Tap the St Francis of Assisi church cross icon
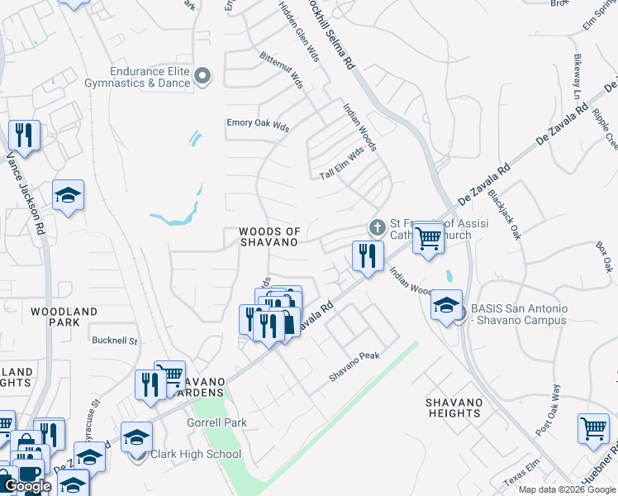[x=377, y=227]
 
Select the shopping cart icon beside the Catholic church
[x=427, y=239]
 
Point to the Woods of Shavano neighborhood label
[x=269, y=236]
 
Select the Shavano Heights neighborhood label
[x=454, y=407]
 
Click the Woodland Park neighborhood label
[x=64, y=312]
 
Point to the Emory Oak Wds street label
[x=258, y=126]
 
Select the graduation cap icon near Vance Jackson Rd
[x=69, y=196]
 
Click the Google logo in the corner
[x=27, y=486]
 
